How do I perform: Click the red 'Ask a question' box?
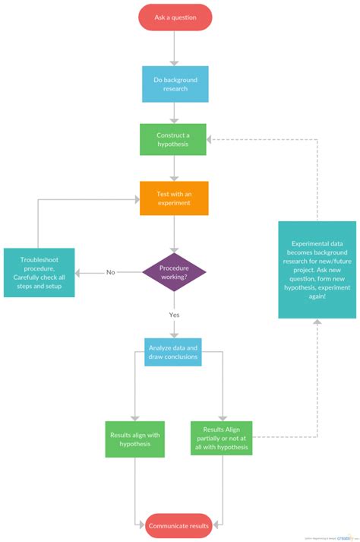click(175, 17)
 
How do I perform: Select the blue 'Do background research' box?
click(175, 84)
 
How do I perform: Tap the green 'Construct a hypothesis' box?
click(173, 140)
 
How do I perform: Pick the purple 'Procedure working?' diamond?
click(174, 271)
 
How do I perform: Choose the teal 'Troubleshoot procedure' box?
click(39, 272)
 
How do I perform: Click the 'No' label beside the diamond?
click(111, 272)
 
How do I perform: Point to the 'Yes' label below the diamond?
click(174, 314)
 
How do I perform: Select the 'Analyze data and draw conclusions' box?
click(173, 351)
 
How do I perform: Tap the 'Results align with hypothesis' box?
click(134, 439)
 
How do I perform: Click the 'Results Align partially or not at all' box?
click(221, 439)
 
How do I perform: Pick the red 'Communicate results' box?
click(179, 525)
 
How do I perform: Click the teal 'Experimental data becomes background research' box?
click(317, 259)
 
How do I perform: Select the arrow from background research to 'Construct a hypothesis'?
click(175, 113)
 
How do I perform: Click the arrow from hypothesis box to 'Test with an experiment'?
click(175, 168)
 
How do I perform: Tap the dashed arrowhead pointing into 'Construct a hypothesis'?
click(212, 140)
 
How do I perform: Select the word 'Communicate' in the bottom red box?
click(168, 525)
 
